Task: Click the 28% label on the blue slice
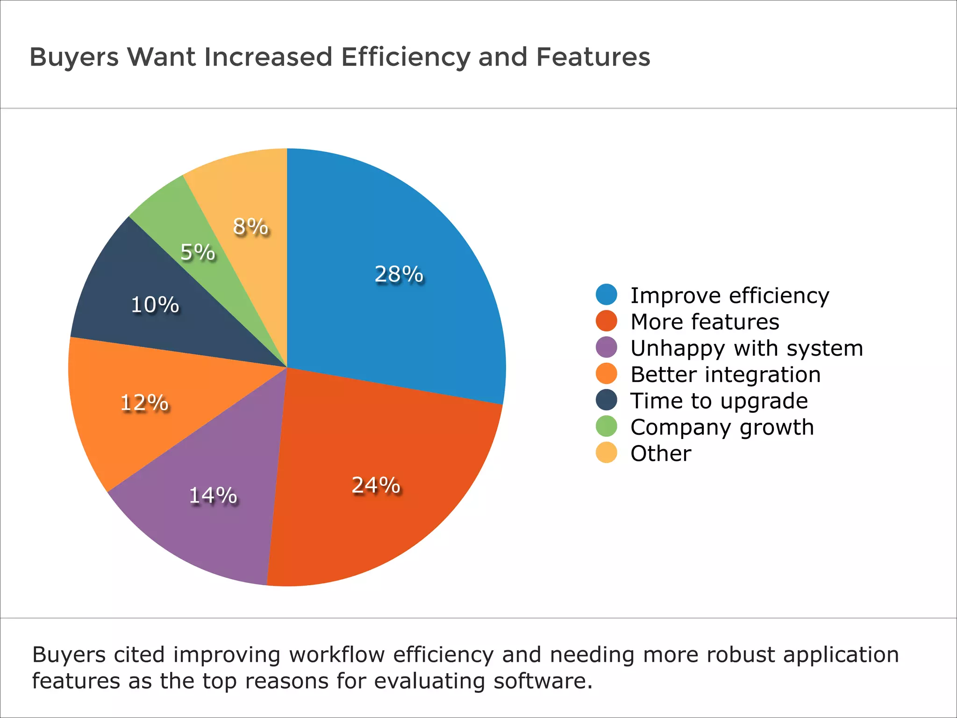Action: (399, 274)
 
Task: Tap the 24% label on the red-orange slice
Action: (376, 485)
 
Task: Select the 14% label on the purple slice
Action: (213, 495)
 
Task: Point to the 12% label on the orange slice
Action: (144, 402)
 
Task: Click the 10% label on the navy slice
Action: (155, 305)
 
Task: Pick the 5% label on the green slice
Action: (198, 252)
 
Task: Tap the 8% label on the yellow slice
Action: (250, 227)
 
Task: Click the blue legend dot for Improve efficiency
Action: (607, 294)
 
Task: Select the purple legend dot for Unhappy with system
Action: (607, 347)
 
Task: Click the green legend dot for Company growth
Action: (607, 426)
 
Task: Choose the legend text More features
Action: (705, 322)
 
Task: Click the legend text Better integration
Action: (725, 374)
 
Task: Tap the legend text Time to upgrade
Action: (719, 401)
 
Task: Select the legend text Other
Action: (660, 453)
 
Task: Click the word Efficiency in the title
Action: (406, 57)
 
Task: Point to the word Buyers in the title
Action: (74, 57)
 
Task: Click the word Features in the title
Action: (593, 57)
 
